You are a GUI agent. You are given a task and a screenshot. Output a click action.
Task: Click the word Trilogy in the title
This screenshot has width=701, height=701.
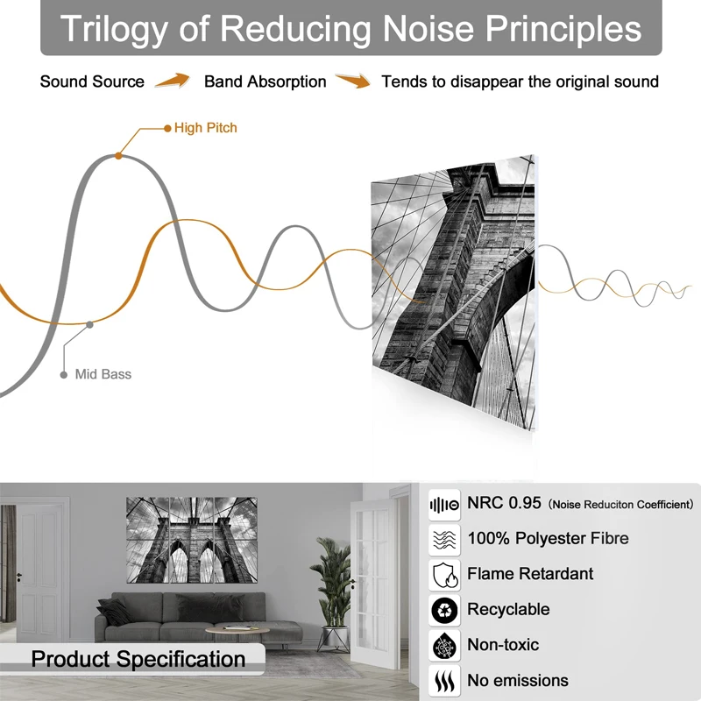(x=114, y=30)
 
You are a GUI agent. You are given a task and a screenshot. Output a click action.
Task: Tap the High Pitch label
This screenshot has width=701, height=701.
(x=206, y=128)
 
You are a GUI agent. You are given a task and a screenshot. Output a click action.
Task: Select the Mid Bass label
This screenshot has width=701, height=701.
(x=103, y=374)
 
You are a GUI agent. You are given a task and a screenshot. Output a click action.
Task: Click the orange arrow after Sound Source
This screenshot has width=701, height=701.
(x=173, y=81)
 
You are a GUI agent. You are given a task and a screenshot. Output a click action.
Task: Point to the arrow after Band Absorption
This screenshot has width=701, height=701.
(x=353, y=81)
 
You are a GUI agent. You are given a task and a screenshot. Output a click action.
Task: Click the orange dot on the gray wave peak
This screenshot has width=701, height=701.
(x=118, y=156)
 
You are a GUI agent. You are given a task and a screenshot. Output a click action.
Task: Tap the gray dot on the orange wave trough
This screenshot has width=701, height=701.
(x=89, y=324)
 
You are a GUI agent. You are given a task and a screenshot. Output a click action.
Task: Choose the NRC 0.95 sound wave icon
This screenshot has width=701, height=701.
(x=444, y=505)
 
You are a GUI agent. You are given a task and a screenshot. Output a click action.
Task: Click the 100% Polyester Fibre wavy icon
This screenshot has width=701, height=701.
(x=444, y=540)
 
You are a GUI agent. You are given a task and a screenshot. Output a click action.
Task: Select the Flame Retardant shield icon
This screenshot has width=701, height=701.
(x=444, y=576)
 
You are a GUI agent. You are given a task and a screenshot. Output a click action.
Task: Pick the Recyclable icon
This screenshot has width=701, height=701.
(x=444, y=611)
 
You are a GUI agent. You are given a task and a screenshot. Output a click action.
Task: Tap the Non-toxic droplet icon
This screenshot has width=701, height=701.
(x=444, y=646)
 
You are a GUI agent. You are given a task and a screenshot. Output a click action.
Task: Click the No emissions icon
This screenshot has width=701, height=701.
(x=444, y=682)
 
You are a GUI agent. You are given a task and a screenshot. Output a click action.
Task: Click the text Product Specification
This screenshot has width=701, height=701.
(x=138, y=660)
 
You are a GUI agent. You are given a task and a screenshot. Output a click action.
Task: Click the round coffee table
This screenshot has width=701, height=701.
(x=237, y=631)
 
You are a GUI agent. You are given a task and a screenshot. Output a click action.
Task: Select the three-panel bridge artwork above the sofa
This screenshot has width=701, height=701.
(x=192, y=540)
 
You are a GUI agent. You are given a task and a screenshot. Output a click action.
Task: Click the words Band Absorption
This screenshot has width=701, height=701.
(x=266, y=81)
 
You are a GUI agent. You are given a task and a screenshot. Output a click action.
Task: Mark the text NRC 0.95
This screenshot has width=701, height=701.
(x=504, y=503)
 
